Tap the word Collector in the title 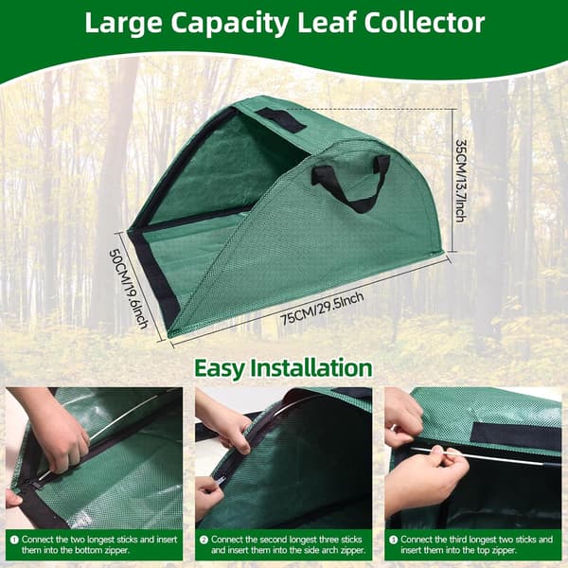[424, 23]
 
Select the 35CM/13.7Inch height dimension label [461, 181]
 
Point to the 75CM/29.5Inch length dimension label [322, 309]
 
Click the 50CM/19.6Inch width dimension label [129, 289]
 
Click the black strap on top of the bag [281, 119]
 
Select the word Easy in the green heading [220, 369]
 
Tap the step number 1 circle [14, 541]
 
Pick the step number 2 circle [204, 541]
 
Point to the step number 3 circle [393, 541]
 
